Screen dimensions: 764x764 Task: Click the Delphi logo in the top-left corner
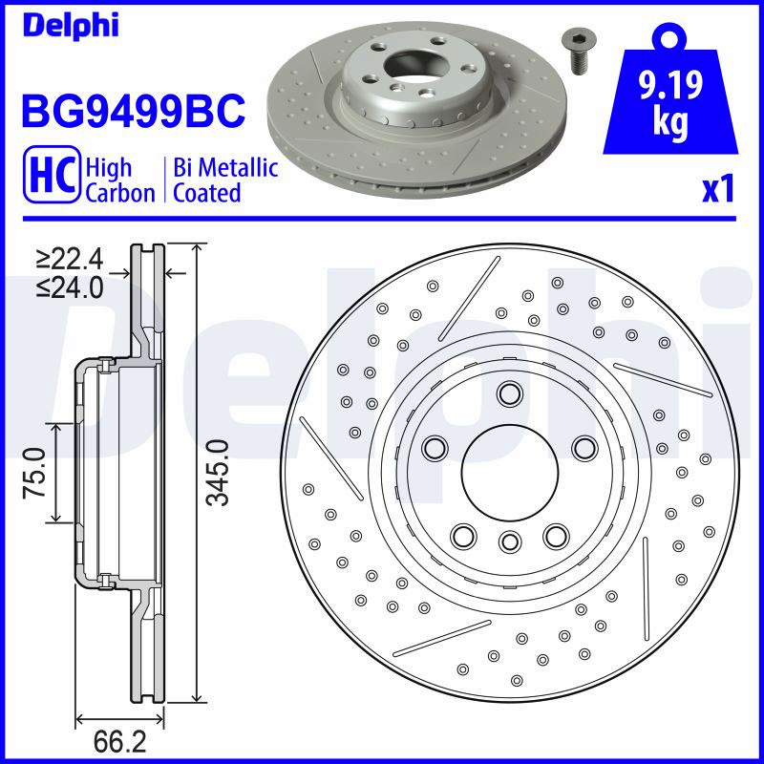coord(71,26)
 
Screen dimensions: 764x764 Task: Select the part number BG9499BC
coord(133,110)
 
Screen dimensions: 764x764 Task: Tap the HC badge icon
coord(52,174)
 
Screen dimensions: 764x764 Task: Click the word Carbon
coord(120,193)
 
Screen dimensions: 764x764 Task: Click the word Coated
coord(207,193)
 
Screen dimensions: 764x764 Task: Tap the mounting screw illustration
coord(579,53)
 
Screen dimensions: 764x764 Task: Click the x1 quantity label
coord(718,190)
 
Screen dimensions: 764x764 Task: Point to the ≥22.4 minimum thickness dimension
coord(70,259)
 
